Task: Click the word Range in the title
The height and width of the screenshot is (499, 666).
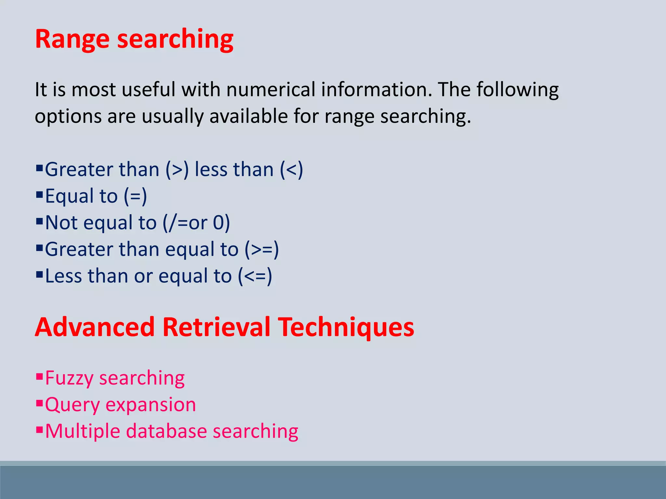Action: point(72,39)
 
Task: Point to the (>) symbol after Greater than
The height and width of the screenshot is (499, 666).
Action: point(177,170)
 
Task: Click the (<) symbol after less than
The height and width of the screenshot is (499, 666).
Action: point(291,170)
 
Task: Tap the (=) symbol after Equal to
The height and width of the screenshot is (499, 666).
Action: point(135,196)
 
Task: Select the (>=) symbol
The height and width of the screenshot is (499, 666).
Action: point(262,249)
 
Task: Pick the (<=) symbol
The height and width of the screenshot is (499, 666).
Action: point(255,276)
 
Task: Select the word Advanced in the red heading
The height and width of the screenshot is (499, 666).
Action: point(95,327)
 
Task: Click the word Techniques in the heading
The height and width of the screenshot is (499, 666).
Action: point(346,327)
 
